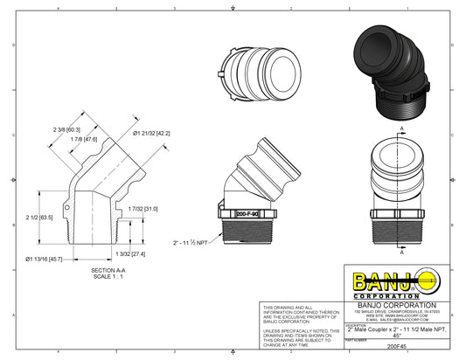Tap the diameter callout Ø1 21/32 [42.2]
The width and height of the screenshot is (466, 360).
tap(151, 133)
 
